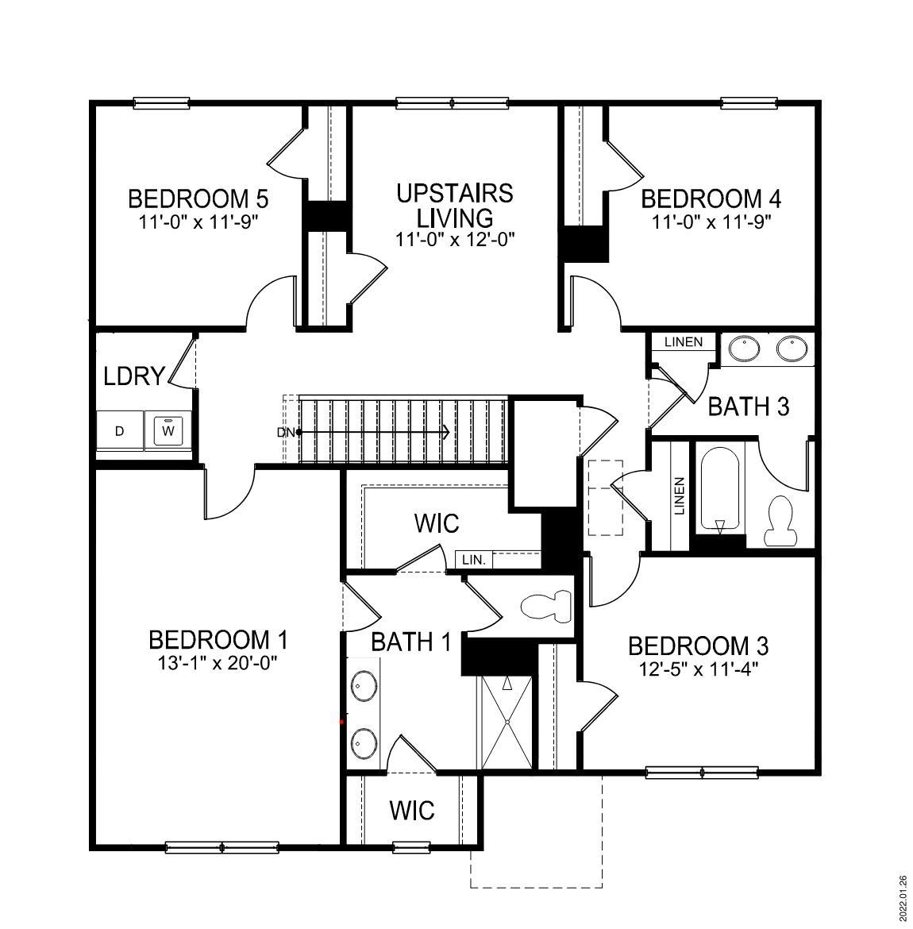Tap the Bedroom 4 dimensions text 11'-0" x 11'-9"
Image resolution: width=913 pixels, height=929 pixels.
coord(711,222)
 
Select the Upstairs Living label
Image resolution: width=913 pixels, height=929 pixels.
coord(455,205)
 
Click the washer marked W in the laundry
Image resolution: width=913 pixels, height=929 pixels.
coord(168,431)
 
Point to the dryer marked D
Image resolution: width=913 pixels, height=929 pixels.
coord(120,431)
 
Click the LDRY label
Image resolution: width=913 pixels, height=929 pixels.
coord(134,376)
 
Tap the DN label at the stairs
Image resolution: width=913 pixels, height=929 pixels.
coord(285,433)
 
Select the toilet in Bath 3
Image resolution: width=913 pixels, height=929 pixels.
coord(782,521)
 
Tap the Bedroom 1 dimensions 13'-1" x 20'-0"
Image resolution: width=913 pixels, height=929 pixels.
coord(218,661)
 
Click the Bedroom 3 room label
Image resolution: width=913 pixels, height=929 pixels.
coord(698,646)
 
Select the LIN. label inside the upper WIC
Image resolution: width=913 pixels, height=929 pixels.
coord(474,560)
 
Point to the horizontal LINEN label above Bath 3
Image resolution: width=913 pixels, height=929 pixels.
coord(684,342)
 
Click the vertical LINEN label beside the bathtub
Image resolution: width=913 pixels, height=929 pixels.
coord(680,496)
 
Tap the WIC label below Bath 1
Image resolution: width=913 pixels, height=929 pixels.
coord(412,811)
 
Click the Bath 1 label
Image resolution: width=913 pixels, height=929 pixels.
coord(410,642)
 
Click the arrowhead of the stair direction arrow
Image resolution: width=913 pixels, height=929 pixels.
coord(448,433)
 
